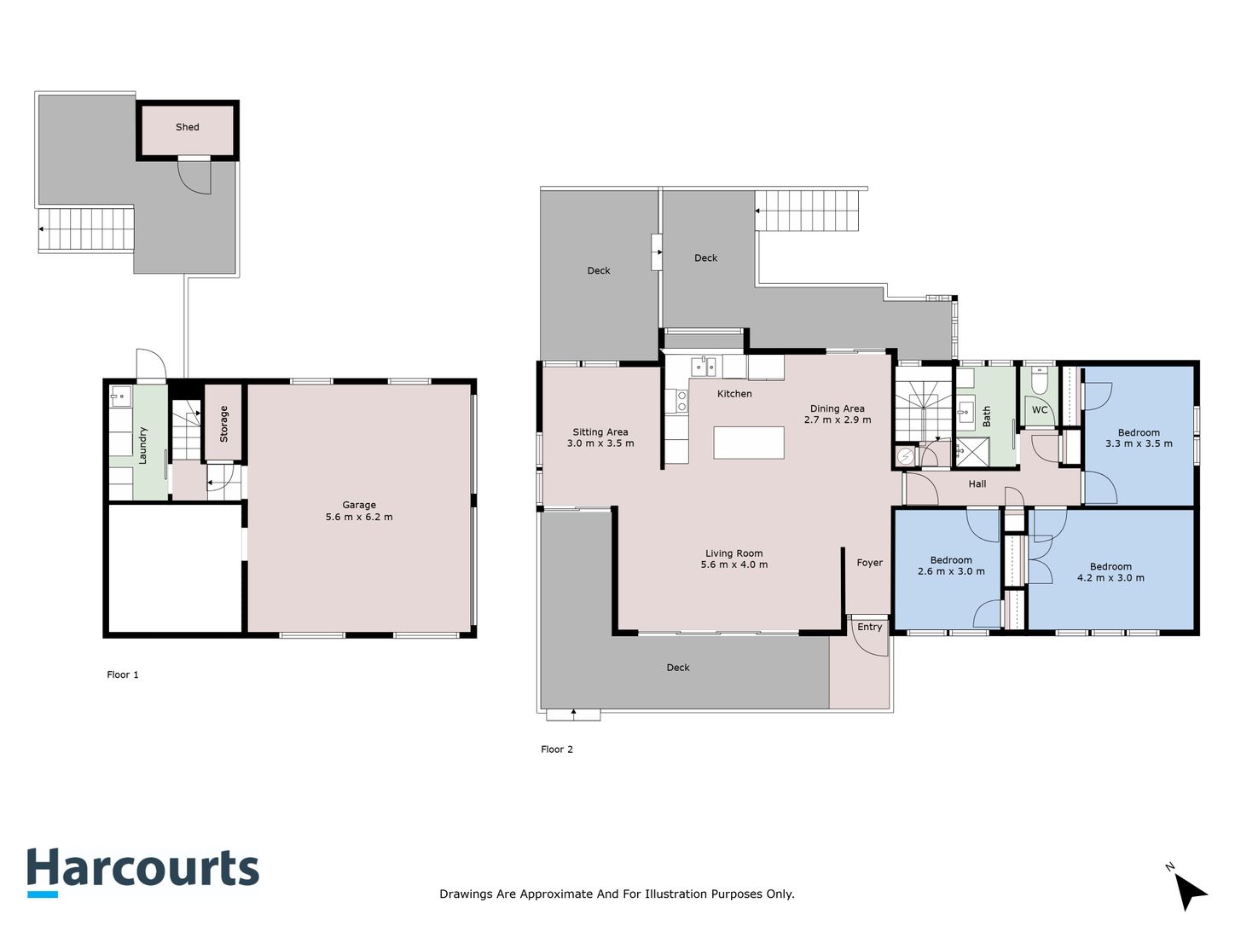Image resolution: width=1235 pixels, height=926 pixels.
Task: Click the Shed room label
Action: (188, 127)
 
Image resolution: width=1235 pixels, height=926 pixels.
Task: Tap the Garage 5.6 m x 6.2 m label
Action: (359, 511)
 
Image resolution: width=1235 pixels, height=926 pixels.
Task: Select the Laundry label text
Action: (142, 445)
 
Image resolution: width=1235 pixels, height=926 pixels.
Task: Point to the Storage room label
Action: (223, 424)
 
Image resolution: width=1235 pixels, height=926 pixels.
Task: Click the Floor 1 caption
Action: (123, 674)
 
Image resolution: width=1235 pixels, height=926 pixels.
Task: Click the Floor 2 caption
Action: (556, 749)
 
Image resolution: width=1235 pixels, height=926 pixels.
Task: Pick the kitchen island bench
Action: (748, 443)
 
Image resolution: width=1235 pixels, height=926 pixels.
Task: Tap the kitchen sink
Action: (704, 367)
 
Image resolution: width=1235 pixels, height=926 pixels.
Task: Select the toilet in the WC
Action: (1039, 381)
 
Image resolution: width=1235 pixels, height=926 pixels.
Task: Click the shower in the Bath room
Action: (966, 453)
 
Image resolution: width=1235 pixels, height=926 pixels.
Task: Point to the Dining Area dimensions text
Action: (838, 420)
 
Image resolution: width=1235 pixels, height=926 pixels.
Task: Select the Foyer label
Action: (869, 563)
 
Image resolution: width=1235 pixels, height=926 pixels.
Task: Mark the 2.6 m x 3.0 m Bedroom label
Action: (951, 565)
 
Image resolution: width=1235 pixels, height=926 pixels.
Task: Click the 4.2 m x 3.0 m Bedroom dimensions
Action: (1110, 577)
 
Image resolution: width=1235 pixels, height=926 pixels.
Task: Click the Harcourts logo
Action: (143, 872)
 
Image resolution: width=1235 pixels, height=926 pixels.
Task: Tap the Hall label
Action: (977, 483)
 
